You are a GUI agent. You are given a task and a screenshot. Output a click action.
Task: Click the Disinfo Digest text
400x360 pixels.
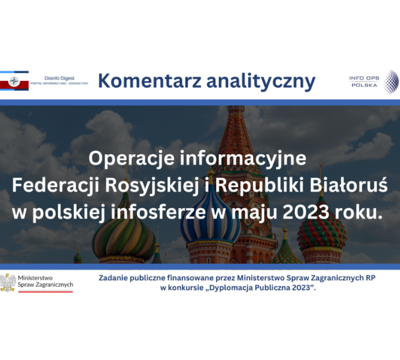click(59, 78)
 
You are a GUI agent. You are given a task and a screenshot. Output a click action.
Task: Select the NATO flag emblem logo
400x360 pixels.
click(14, 81)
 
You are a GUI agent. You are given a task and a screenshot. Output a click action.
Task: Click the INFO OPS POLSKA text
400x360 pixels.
click(364, 82)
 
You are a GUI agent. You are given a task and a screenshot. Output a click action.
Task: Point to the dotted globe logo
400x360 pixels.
click(392, 82)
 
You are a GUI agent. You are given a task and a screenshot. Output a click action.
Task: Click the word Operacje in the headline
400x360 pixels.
click(132, 158)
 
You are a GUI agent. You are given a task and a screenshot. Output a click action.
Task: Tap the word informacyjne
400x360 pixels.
click(243, 159)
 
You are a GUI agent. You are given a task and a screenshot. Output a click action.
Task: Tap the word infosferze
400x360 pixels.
click(158, 213)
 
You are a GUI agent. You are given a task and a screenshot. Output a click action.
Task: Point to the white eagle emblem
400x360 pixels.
click(8, 283)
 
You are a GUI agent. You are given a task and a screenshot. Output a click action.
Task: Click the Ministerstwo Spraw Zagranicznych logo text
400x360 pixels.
click(46, 281)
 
